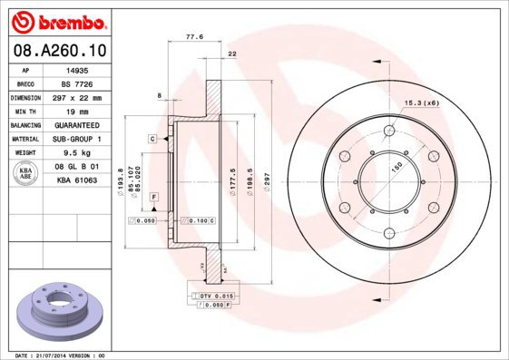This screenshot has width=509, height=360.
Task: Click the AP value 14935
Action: point(74,69)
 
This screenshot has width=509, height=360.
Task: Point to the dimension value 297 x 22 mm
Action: point(74,97)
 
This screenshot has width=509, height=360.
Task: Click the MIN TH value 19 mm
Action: point(74,111)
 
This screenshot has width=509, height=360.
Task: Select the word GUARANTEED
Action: point(74,125)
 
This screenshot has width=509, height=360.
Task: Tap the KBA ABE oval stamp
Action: point(26,174)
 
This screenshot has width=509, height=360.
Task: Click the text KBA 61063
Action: point(74,181)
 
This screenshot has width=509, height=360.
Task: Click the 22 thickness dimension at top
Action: point(232,55)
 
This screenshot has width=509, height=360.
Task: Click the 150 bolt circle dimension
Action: point(396,169)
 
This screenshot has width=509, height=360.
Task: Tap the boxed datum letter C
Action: point(153,138)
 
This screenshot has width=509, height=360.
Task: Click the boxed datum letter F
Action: point(154,197)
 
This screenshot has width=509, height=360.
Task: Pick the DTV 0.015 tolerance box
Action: point(212,297)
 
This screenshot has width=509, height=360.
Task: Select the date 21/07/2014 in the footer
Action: point(55,355)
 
